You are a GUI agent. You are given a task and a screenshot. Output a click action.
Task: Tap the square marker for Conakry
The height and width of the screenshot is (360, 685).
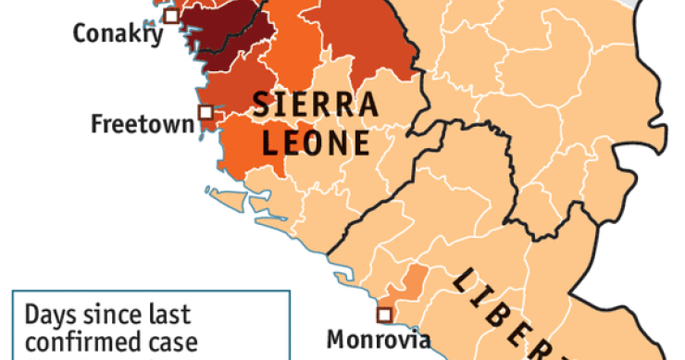(x=169, y=15)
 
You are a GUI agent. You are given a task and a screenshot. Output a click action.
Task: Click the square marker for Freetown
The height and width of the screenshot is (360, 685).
(x=205, y=113)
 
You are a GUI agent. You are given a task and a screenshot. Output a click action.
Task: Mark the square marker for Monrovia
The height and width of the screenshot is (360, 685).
(x=383, y=315)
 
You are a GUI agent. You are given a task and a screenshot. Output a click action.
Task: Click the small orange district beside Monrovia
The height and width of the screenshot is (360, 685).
(x=415, y=279)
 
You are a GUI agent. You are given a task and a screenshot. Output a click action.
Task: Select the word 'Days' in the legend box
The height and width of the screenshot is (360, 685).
(x=51, y=316)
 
